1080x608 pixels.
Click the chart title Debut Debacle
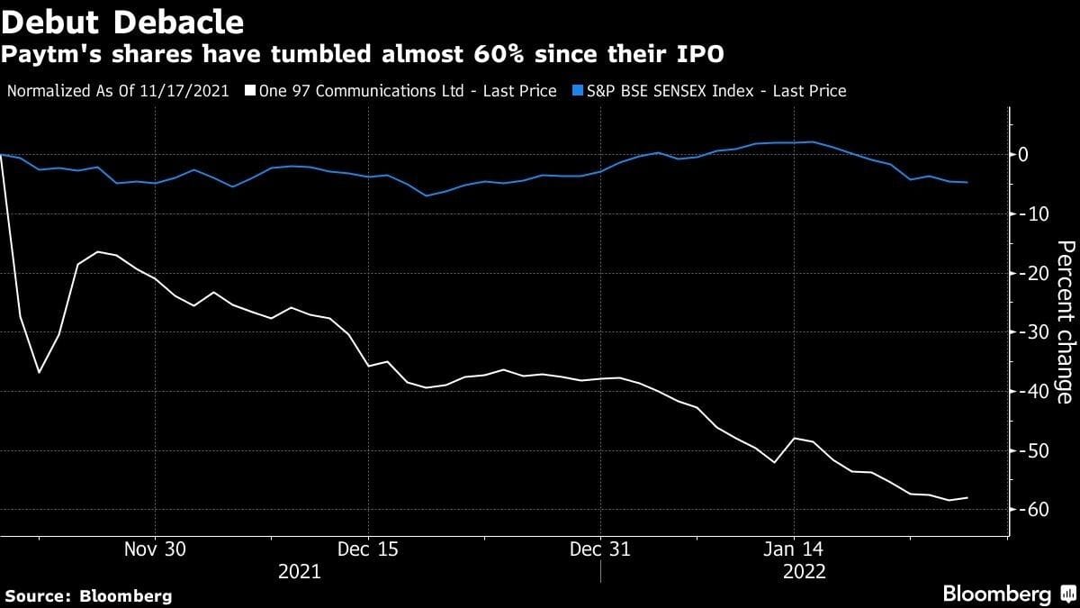[x=123, y=20]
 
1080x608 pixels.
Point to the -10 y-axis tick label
[x=1030, y=214]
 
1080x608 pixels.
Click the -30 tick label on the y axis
[x=1030, y=332]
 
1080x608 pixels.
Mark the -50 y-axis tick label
[x=1030, y=450]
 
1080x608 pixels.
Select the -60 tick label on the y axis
[x=1030, y=510]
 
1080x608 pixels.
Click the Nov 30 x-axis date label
[x=155, y=549]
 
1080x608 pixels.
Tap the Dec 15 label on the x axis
[x=368, y=549]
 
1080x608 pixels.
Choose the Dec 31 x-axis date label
[x=599, y=549]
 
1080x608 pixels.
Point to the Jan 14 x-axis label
[x=794, y=549]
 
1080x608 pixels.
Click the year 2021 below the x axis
[x=300, y=571]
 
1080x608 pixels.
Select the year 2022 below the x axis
[x=804, y=571]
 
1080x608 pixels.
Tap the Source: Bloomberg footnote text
[x=88, y=595]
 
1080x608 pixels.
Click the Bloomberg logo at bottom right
[x=1008, y=594]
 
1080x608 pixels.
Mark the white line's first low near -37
[x=39, y=372]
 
